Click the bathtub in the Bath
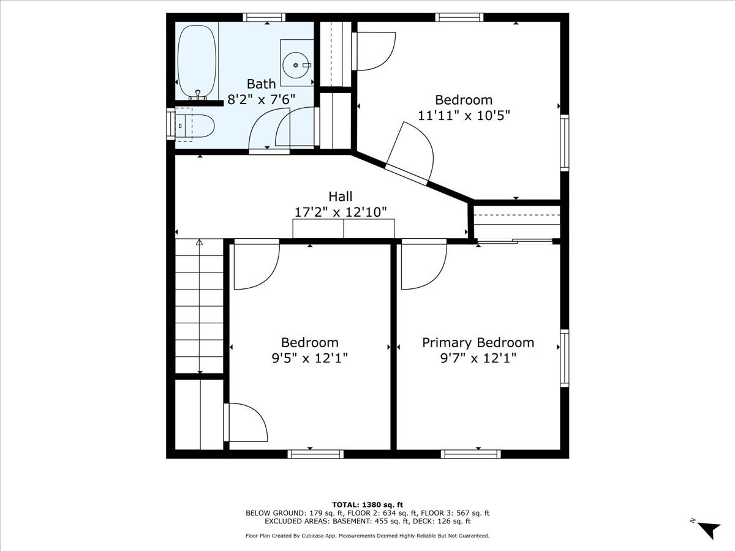(197, 62)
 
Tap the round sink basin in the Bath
(296, 66)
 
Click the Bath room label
(261, 84)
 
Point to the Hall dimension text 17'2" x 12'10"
(341, 212)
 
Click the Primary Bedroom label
(478, 343)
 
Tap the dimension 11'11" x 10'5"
(464, 116)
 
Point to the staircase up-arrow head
(199, 242)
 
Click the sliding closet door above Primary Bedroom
(515, 241)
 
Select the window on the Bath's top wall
(264, 17)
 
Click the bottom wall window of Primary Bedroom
(471, 454)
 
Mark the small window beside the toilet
(171, 124)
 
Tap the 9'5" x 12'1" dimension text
(310, 358)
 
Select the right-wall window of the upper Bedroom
(565, 143)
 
